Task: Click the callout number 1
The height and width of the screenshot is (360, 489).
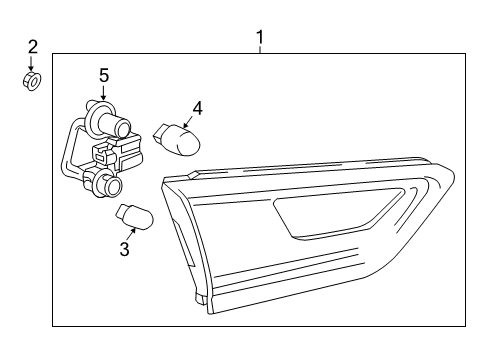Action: (x=259, y=38)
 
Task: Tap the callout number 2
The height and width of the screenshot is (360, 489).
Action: (x=32, y=46)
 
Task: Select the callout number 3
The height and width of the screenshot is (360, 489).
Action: (x=125, y=249)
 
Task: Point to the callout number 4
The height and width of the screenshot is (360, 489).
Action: (x=197, y=107)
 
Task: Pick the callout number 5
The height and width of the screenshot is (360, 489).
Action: (x=103, y=75)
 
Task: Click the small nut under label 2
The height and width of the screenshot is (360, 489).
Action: (x=32, y=81)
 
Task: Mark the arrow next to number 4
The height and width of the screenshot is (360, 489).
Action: (x=189, y=121)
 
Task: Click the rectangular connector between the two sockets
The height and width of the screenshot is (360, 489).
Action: (x=112, y=154)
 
